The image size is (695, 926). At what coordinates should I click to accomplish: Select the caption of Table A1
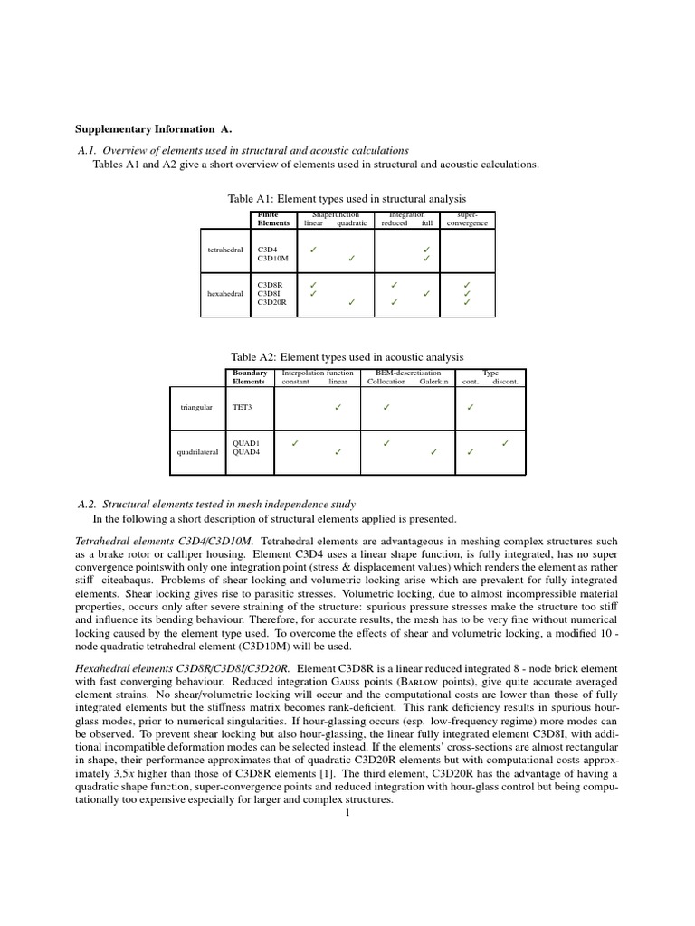tap(347, 198)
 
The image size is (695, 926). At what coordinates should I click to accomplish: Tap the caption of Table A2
tap(347, 357)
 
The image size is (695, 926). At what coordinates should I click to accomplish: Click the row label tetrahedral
tap(225, 249)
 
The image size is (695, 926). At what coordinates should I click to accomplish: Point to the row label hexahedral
tap(225, 293)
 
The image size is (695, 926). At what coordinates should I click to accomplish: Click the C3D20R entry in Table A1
tap(272, 302)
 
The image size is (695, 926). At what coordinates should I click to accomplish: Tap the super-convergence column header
tap(467, 218)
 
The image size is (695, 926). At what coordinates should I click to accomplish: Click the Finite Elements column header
tap(273, 218)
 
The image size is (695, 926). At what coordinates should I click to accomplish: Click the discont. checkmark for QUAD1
tap(505, 442)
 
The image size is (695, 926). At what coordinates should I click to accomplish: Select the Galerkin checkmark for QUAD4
tap(433, 451)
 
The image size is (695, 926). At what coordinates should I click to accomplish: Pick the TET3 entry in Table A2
tap(243, 407)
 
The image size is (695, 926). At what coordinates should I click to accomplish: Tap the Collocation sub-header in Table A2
tap(386, 382)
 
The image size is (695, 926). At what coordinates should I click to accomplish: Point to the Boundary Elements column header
tap(250, 377)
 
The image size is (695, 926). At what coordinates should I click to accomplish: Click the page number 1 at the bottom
tap(347, 812)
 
